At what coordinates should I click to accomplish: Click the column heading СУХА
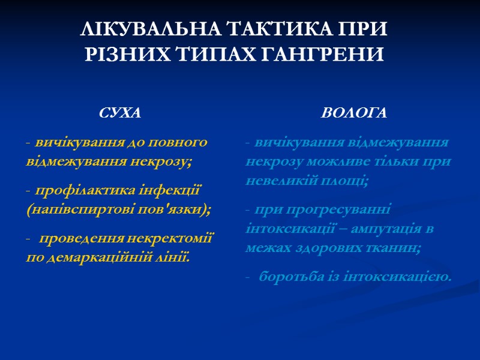120,113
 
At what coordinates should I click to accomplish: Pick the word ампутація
385,229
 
